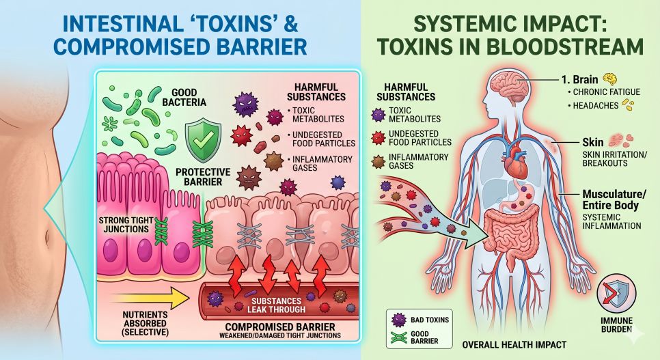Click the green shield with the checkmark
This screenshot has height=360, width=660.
tap(203, 140)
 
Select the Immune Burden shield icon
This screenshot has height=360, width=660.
tap(616, 293)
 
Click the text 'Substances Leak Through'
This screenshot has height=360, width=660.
tap(276, 305)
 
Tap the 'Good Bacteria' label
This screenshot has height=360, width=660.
tap(184, 97)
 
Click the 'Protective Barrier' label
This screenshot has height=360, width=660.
tap(203, 177)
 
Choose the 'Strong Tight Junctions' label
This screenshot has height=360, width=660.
tap(126, 225)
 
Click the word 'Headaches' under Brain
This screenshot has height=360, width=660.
tap(596, 106)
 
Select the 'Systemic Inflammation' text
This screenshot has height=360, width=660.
tap(611, 221)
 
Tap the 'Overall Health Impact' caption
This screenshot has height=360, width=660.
tap(514, 345)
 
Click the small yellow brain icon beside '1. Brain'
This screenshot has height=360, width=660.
tap(610, 79)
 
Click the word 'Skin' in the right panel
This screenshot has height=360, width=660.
tap(592, 142)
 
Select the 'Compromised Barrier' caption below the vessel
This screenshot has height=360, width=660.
tap(280, 327)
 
